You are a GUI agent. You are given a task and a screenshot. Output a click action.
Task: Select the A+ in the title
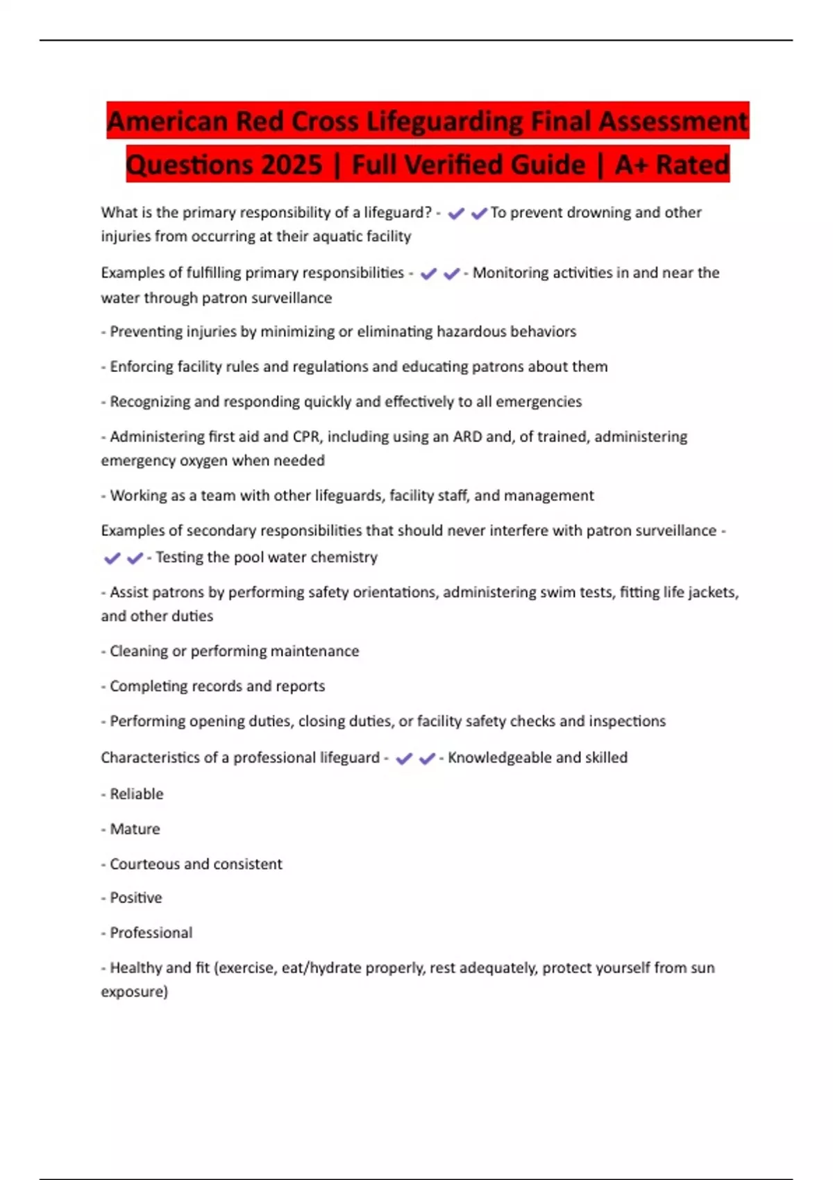point(630,165)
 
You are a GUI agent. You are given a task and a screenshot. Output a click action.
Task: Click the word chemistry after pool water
point(344,557)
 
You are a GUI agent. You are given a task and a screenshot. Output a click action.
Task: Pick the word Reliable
point(137,794)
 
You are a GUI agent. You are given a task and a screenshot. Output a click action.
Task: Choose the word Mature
point(135,829)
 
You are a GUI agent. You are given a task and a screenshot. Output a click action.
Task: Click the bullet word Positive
point(136,897)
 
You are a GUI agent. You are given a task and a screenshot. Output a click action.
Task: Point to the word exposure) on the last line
point(135,991)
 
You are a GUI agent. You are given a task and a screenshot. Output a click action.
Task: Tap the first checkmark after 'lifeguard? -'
point(456,214)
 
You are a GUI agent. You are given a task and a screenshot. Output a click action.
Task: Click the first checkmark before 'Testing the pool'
point(112,558)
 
